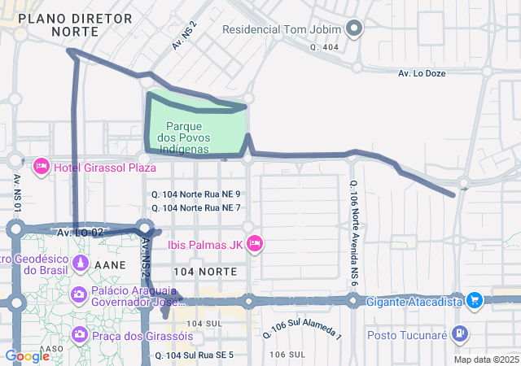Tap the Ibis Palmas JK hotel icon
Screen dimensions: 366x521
tap(255, 243)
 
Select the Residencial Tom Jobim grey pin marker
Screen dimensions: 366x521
tap(353, 30)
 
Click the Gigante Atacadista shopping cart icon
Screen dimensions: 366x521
tap(475, 301)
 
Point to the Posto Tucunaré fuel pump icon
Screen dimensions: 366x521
tap(461, 333)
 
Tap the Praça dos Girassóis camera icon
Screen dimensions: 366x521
tap(79, 334)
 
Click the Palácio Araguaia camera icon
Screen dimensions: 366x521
tap(79, 294)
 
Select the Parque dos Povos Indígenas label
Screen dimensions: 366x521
tap(195, 137)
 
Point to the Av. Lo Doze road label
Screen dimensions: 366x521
tap(422, 73)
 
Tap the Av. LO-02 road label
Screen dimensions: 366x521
tap(80, 233)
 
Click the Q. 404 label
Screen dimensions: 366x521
tap(323, 48)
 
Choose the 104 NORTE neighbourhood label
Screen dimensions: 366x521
tap(205, 269)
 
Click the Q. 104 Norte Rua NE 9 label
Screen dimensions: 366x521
tap(196, 194)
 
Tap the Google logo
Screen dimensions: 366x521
tap(27, 355)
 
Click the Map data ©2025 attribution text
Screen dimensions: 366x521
tap(486, 359)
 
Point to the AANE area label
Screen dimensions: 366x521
tap(109, 265)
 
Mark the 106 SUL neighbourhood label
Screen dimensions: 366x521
tap(287, 355)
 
